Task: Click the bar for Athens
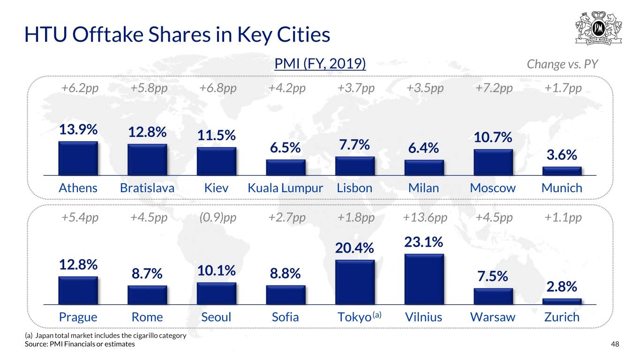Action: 78,158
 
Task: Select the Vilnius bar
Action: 424,279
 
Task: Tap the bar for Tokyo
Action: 355,282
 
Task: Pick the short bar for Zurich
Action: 562,301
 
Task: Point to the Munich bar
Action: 562,171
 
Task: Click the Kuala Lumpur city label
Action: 285,188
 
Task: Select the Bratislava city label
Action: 147,188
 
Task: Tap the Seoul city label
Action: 216,317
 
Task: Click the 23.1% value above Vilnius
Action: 423,242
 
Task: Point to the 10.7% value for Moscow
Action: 493,137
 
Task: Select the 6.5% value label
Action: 285,148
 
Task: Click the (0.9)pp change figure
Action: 218,217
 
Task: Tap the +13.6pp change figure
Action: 425,217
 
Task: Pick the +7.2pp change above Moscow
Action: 494,88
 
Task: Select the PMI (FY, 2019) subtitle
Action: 320,63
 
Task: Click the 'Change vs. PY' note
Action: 562,64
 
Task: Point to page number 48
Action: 615,344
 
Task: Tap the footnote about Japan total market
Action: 105,336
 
